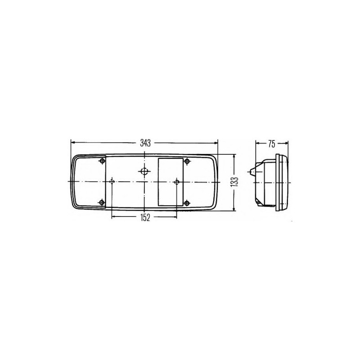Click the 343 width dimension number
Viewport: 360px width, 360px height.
tap(145, 143)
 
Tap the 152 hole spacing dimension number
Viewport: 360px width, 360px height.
tap(145, 217)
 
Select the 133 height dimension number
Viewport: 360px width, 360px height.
tap(236, 183)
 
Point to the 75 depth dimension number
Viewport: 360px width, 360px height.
tap(272, 144)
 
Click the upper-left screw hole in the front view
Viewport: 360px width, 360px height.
tap(102, 161)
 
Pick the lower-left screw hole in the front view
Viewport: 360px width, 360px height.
tap(102, 202)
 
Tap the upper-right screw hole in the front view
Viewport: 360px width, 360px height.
tap(187, 162)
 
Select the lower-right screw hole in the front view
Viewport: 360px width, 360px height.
tap(187, 203)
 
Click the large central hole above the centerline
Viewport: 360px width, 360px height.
tap(144, 171)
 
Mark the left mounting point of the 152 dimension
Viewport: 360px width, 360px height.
tap(112, 182)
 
